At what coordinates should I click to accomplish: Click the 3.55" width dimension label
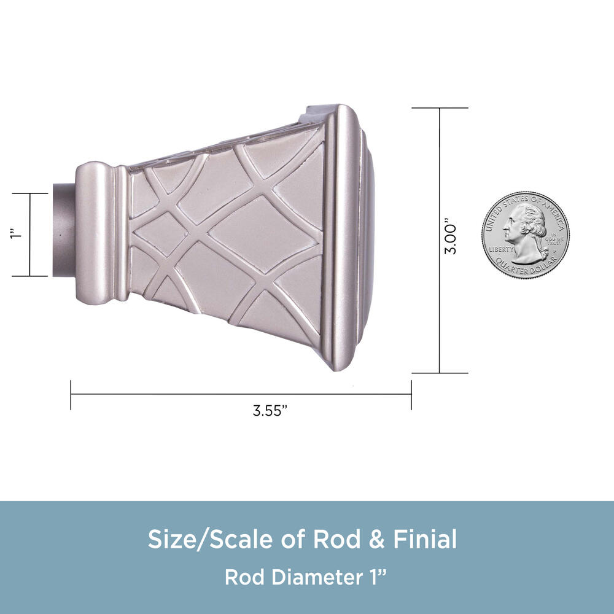coord(270,410)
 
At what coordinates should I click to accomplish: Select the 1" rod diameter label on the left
coord(17,235)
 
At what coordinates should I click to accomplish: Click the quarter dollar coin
coord(526,235)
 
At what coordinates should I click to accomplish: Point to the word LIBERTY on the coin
coord(501,249)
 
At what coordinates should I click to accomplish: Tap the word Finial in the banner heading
coord(425,539)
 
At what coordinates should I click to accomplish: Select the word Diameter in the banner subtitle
coord(317,577)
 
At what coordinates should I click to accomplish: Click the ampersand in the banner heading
coord(377,539)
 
